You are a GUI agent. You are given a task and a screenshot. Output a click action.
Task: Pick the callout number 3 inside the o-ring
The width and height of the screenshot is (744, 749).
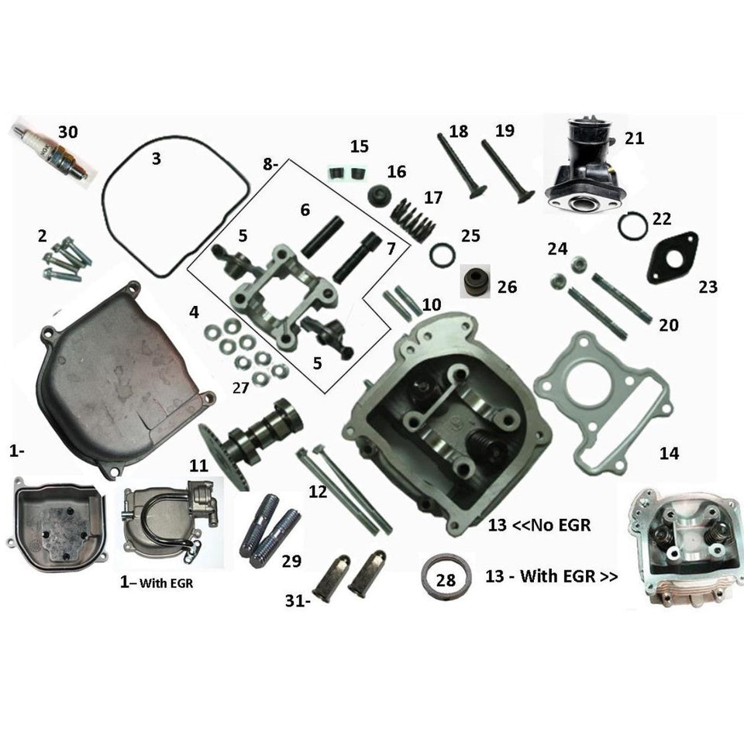click(157, 159)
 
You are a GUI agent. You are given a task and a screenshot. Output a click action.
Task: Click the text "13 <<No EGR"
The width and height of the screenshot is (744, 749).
click(539, 525)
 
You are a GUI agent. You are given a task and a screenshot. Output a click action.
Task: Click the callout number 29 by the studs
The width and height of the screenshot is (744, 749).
click(291, 561)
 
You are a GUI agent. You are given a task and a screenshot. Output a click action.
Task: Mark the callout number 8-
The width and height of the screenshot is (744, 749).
click(270, 164)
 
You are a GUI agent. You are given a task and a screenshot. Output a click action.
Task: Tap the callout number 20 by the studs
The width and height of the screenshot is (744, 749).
click(668, 325)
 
